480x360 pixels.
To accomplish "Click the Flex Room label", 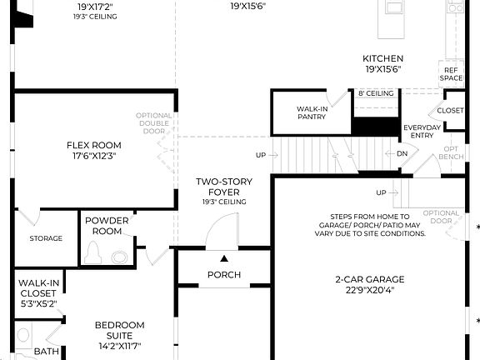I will pos(94,144).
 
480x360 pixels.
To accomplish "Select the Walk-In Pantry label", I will pos(312,112).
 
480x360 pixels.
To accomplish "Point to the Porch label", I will pos(223,275).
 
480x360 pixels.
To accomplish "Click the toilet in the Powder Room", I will pos(96,252).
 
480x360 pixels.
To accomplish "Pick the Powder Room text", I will pos(107,226).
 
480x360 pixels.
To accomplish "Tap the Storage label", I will pos(46,238).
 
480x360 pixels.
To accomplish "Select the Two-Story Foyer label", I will pos(223,187).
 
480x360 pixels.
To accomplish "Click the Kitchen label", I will pos(382,58).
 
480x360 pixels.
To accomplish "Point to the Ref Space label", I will pos(451,74).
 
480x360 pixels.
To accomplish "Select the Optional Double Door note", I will pos(154,122).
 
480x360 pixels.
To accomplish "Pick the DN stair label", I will pos(402,153).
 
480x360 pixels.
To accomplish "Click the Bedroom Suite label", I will pos(119,330).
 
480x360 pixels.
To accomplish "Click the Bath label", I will pos(46,352).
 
